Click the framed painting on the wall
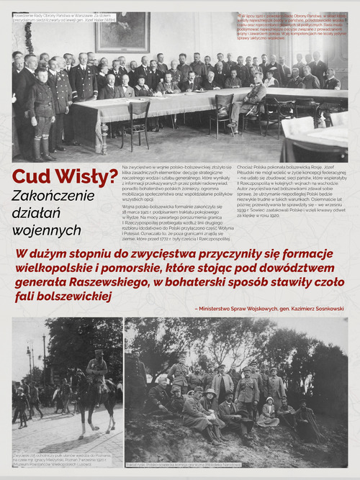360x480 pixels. (123, 32)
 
